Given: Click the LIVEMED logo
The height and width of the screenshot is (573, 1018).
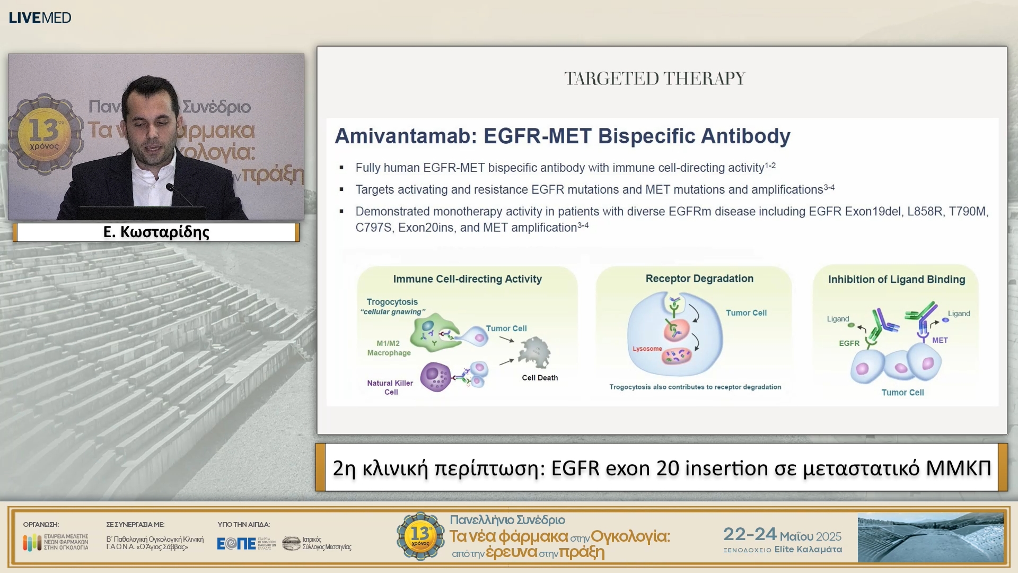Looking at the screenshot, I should coord(40,18).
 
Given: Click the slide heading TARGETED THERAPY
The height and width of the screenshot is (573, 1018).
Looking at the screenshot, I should coord(654,79).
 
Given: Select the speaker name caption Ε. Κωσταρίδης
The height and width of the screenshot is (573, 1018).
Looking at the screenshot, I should coord(156,232).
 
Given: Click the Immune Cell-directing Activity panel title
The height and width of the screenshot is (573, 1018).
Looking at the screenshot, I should coord(467,279).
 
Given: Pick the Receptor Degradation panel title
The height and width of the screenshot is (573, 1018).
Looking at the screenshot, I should coord(699,279).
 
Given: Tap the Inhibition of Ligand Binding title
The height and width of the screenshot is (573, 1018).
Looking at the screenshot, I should coord(896,280).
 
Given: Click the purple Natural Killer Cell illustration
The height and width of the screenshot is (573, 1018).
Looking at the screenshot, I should coord(435,377).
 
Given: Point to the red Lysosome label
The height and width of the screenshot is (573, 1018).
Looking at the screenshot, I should coord(647,349).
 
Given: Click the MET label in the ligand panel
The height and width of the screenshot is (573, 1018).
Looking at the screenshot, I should coord(940,340).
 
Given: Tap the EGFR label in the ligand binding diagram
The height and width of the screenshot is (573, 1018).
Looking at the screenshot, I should coord(849,343).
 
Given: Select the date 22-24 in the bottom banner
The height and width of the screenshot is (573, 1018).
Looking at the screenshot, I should coord(749,534).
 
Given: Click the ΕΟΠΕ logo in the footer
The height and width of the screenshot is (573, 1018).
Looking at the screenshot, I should coord(236,543).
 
